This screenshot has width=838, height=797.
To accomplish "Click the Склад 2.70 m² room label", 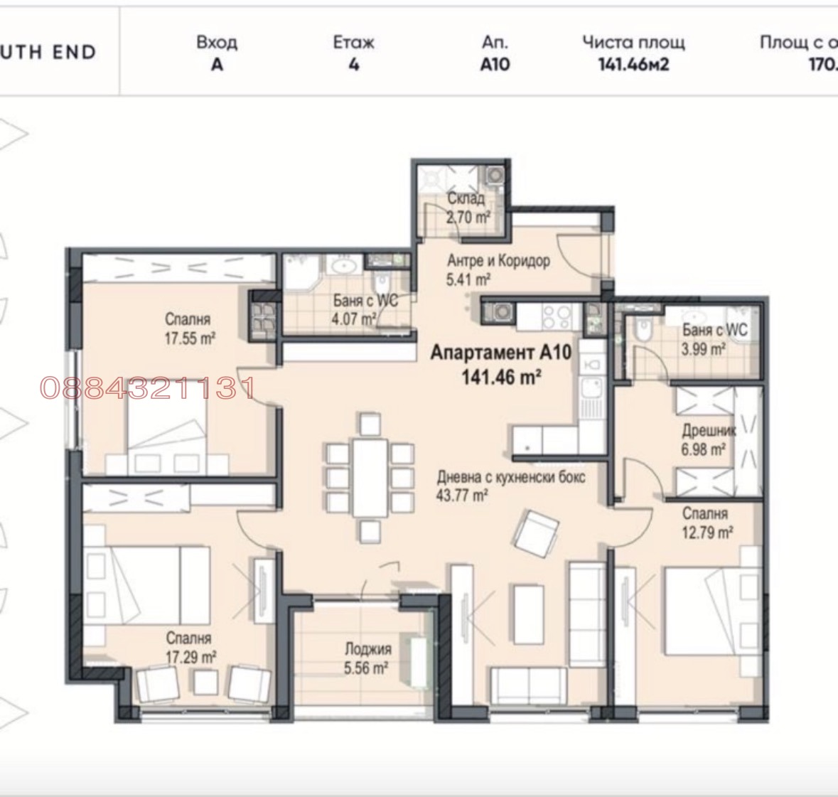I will click(x=466, y=208).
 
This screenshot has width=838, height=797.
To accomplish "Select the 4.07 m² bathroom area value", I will click(x=353, y=319).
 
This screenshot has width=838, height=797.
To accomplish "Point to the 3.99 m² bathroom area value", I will click(x=703, y=348).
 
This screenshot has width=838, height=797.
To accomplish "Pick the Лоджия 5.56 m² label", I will click(x=367, y=658).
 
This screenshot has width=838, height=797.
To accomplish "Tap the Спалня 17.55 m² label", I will click(x=188, y=329).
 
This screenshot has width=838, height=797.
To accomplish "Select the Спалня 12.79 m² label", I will click(x=707, y=523).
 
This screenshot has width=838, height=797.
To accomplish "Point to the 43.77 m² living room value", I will click(x=462, y=496).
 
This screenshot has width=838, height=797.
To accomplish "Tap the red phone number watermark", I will click(x=147, y=388).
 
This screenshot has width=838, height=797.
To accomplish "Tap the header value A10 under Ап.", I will click(x=495, y=65).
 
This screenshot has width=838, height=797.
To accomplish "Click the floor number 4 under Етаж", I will click(x=354, y=65).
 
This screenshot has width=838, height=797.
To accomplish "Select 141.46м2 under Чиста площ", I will click(x=633, y=65).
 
